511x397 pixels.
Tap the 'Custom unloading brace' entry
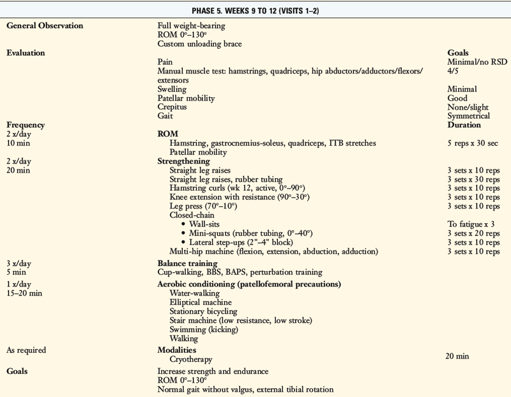click(202, 43)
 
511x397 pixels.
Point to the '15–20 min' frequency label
click(24, 293)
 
